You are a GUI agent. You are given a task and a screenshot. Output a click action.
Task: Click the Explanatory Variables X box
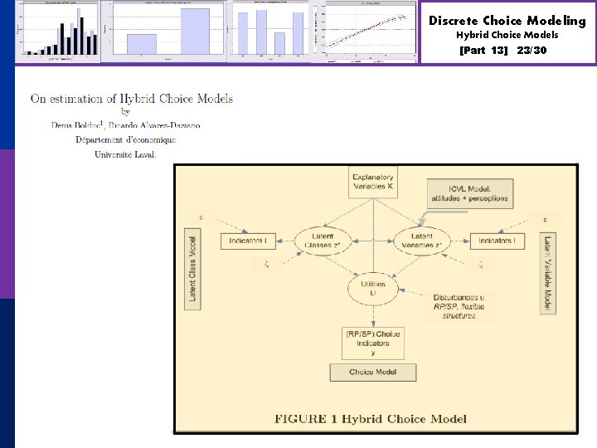(x=372, y=183)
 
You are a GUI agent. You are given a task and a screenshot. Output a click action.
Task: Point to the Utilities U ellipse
(x=372, y=289)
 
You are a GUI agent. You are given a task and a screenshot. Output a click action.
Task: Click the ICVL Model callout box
(x=470, y=193)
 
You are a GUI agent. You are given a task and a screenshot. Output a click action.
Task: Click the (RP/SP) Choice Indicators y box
(x=372, y=343)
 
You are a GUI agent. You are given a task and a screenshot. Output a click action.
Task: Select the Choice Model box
(x=372, y=373)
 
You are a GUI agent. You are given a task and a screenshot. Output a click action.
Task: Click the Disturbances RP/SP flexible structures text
(x=459, y=307)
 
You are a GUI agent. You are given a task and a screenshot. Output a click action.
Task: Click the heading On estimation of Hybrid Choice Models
(x=132, y=98)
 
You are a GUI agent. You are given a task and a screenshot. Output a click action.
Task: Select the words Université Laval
(x=125, y=153)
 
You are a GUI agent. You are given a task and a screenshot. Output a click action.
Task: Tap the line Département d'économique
(x=125, y=139)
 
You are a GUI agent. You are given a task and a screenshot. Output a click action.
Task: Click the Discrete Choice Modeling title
(x=507, y=21)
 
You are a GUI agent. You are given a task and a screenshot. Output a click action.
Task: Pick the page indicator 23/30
(x=531, y=51)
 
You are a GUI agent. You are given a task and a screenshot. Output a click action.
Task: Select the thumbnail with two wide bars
(x=170, y=32)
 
